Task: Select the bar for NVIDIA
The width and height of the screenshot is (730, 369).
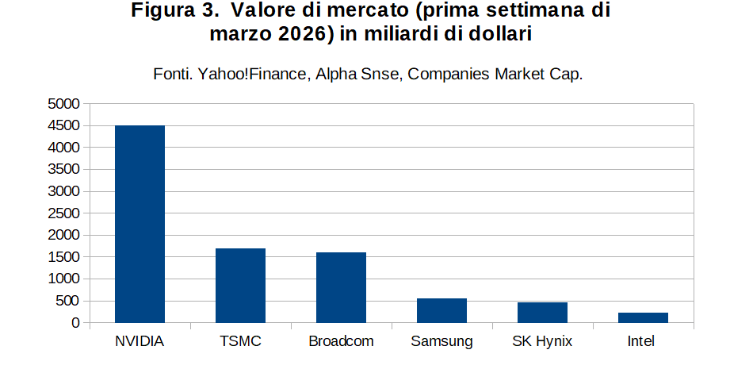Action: [140, 224]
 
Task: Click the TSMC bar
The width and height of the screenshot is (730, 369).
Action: [240, 286]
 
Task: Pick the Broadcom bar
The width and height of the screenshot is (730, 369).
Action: [342, 287]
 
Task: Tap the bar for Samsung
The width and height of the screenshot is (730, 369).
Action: [441, 311]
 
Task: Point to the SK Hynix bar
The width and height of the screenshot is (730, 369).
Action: [542, 313]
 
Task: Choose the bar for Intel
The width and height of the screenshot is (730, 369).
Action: [643, 317]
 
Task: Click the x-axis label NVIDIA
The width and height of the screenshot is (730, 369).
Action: [140, 341]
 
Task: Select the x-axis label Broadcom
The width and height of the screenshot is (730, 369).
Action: [342, 341]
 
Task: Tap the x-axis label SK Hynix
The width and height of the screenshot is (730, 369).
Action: [542, 342]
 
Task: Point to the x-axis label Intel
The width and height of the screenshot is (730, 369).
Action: [641, 341]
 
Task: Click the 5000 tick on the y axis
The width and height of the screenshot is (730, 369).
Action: [63, 104]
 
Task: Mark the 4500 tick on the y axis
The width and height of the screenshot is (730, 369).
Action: [63, 126]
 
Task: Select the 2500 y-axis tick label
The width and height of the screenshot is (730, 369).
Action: [63, 213]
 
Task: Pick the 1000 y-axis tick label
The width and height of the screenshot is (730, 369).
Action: [63, 279]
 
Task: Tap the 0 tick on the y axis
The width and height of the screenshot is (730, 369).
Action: [76, 323]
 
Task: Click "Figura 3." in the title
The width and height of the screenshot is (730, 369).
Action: [175, 10]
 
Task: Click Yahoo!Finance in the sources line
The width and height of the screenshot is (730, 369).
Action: [254, 74]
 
